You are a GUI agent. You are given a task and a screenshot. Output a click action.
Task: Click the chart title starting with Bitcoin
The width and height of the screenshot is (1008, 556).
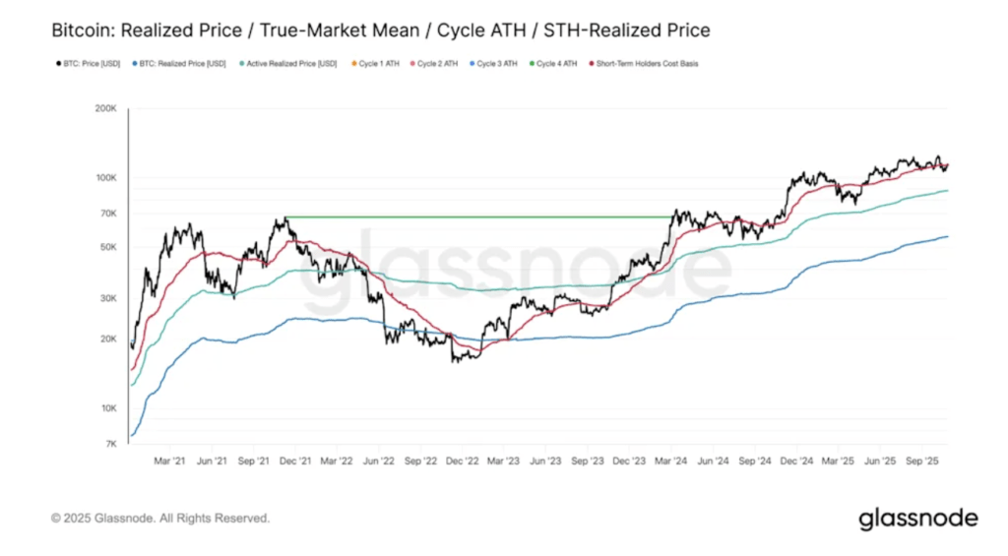tap(380, 31)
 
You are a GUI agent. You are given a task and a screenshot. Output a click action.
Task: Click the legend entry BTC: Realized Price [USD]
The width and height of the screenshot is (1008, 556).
tap(183, 64)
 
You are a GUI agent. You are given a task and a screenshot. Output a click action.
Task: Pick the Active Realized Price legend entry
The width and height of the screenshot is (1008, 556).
tap(288, 64)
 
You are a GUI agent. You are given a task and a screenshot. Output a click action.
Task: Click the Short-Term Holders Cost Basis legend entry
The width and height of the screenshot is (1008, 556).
tap(643, 64)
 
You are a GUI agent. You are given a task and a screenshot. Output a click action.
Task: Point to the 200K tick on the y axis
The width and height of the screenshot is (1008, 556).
tap(104, 108)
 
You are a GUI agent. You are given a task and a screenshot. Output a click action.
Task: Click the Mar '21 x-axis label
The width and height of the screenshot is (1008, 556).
tap(170, 460)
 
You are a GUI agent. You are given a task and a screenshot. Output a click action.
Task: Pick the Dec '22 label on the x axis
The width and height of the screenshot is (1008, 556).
tap(462, 460)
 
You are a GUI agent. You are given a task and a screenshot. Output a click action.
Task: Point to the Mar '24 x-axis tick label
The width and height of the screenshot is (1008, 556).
tap(672, 460)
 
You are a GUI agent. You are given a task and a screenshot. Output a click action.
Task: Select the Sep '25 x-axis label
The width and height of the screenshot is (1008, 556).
tap(921, 460)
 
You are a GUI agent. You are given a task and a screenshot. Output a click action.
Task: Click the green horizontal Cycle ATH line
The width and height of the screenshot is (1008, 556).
tap(472, 216)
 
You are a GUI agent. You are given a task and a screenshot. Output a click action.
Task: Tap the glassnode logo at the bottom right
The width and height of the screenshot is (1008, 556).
tap(917, 518)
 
